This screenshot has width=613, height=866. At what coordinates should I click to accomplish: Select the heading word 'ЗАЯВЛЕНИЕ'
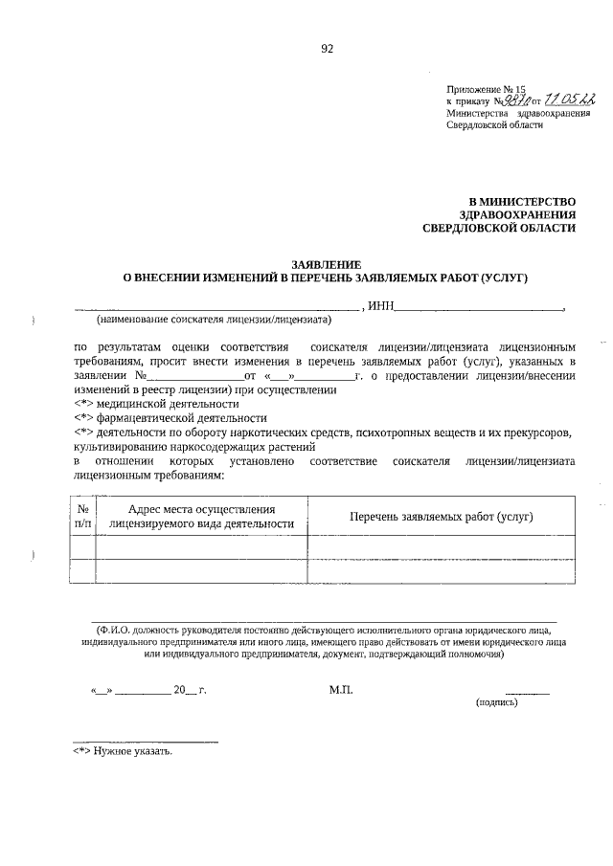click(326, 264)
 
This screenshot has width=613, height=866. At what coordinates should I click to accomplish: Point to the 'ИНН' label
click(380, 306)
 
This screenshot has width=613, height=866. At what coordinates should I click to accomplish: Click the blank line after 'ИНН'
click(479, 308)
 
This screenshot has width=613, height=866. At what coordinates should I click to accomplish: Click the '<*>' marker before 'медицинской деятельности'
click(85, 404)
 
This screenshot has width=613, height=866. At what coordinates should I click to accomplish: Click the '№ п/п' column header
click(83, 516)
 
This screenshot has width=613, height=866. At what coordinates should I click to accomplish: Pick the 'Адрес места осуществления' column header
click(201, 516)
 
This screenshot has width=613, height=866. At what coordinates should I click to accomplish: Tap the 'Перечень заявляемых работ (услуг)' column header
click(441, 516)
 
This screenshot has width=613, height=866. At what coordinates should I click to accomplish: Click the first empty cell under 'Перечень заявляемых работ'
click(441, 546)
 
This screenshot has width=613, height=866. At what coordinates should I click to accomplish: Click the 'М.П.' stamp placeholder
click(341, 689)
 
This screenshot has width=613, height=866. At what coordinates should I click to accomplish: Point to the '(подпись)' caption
click(497, 701)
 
